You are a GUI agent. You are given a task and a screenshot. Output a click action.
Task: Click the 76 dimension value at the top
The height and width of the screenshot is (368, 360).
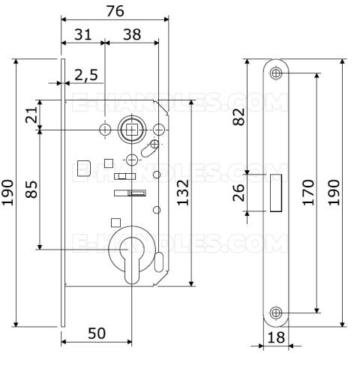(x=115, y=11)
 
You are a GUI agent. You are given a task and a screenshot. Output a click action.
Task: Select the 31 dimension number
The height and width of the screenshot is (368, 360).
(x=83, y=34)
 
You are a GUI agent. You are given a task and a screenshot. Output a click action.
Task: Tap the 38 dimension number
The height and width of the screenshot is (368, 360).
(x=132, y=34)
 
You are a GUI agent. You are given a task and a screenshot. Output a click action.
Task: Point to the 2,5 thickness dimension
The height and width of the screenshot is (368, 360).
(x=86, y=75)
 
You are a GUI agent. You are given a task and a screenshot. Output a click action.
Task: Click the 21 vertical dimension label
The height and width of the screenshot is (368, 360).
(x=31, y=115)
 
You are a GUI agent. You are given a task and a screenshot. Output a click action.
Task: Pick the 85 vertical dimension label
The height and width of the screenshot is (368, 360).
(x=31, y=190)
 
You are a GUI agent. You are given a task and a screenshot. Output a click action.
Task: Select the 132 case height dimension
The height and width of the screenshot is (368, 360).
(x=183, y=193)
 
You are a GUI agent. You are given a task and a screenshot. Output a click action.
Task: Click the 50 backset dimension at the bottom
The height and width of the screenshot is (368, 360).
(x=97, y=333)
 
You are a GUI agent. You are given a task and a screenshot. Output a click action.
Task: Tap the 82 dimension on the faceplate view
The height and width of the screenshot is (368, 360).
(x=238, y=117)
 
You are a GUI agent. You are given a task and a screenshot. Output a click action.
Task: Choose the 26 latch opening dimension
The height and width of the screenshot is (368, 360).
(x=238, y=193)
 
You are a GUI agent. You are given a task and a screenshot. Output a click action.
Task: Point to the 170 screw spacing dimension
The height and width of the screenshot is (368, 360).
(x=308, y=193)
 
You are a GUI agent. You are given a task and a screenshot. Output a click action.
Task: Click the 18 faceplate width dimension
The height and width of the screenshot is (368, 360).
(x=276, y=337)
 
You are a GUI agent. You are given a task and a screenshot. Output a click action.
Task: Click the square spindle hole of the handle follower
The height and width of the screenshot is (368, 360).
(x=131, y=130)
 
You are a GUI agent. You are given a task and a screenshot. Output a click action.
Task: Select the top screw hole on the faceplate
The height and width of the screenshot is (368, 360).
(x=276, y=73)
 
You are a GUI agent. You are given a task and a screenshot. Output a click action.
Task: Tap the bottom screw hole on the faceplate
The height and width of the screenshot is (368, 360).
(x=276, y=313)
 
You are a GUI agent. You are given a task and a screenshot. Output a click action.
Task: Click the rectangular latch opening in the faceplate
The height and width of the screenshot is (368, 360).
(x=276, y=193)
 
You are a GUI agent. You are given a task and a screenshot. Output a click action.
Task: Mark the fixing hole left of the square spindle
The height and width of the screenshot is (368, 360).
(x=105, y=130)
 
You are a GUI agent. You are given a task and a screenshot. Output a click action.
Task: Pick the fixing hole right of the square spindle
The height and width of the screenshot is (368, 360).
(x=158, y=130)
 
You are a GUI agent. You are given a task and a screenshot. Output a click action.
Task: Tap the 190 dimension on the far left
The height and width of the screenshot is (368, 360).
(x=7, y=193)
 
